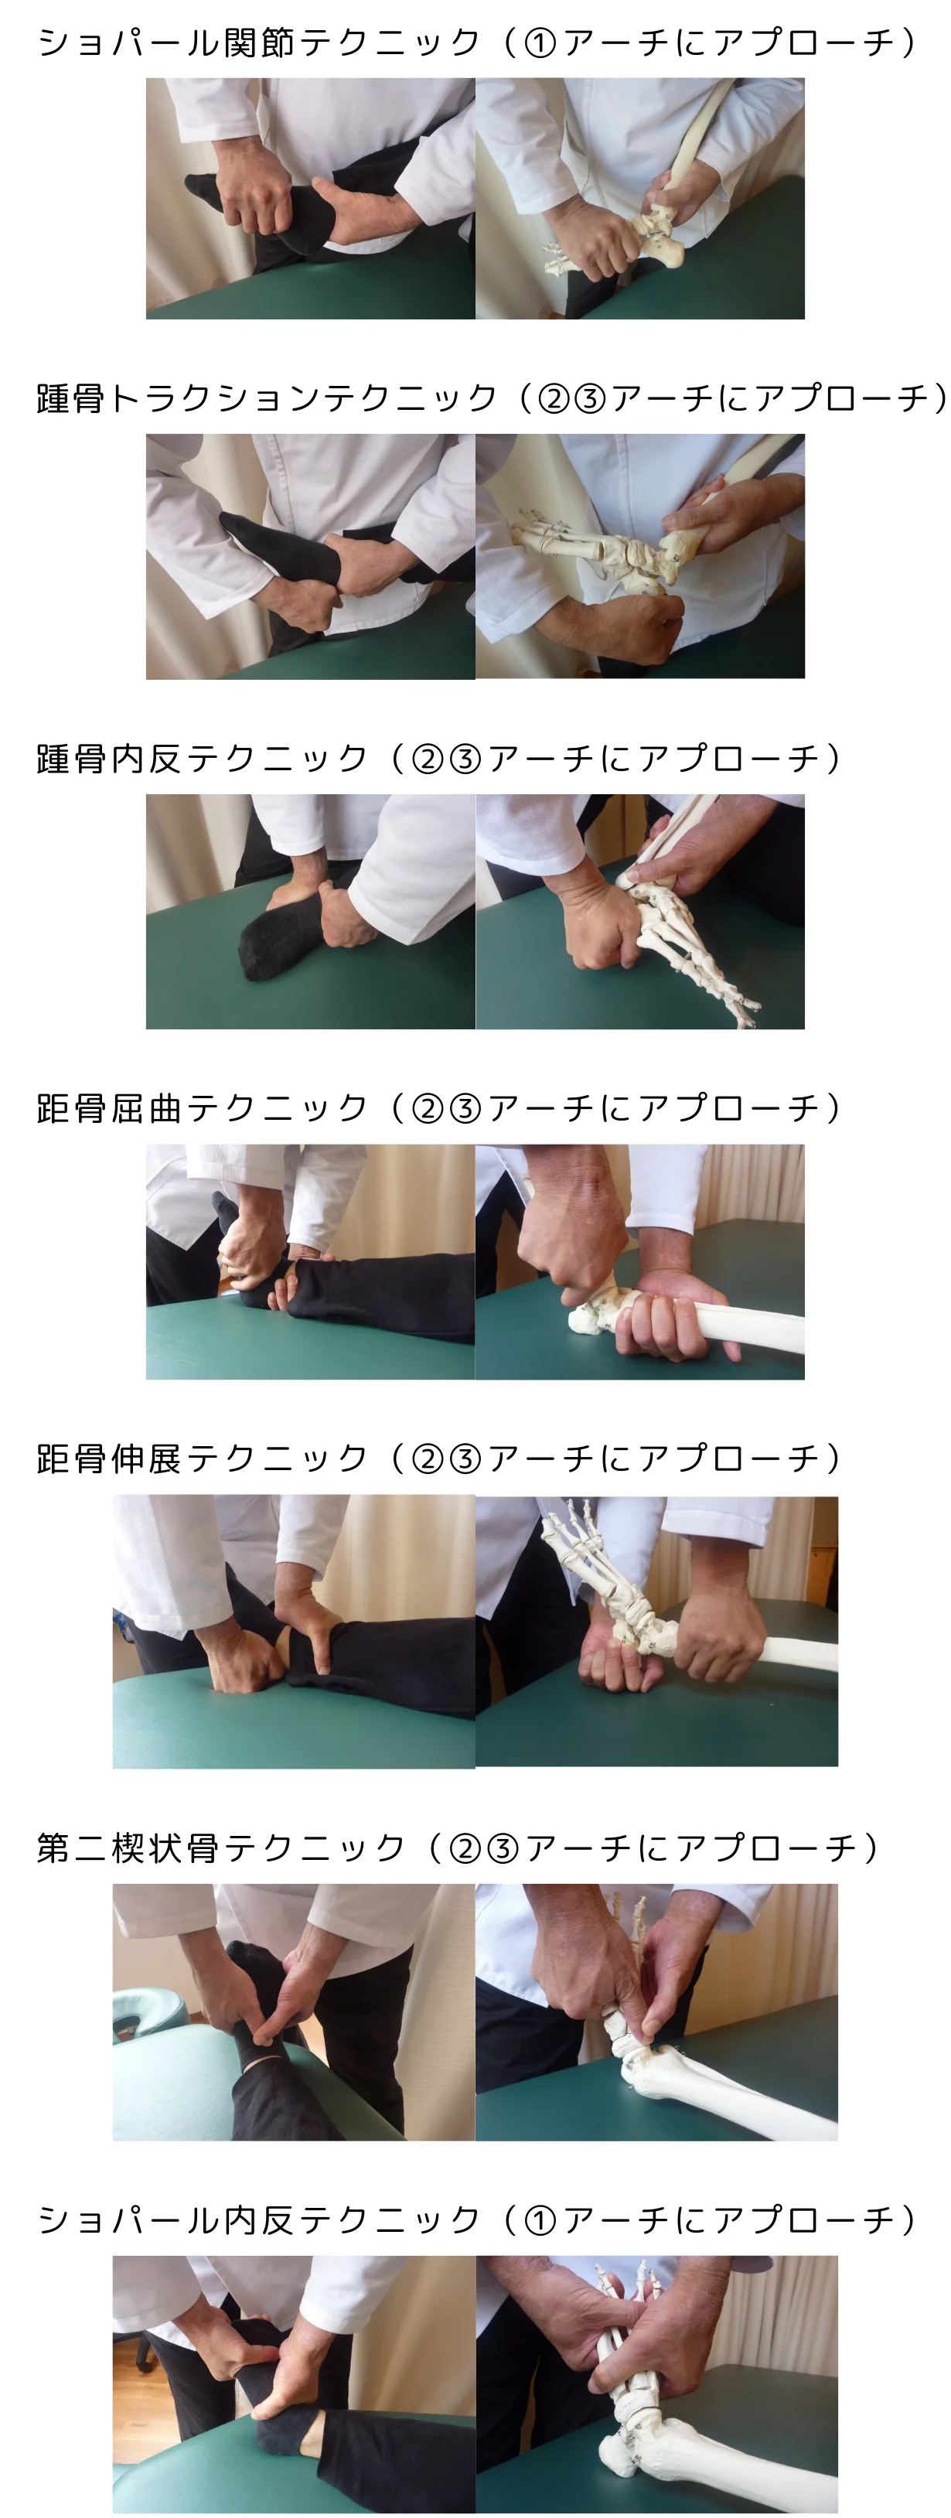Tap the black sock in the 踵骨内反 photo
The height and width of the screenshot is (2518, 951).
(275, 937)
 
